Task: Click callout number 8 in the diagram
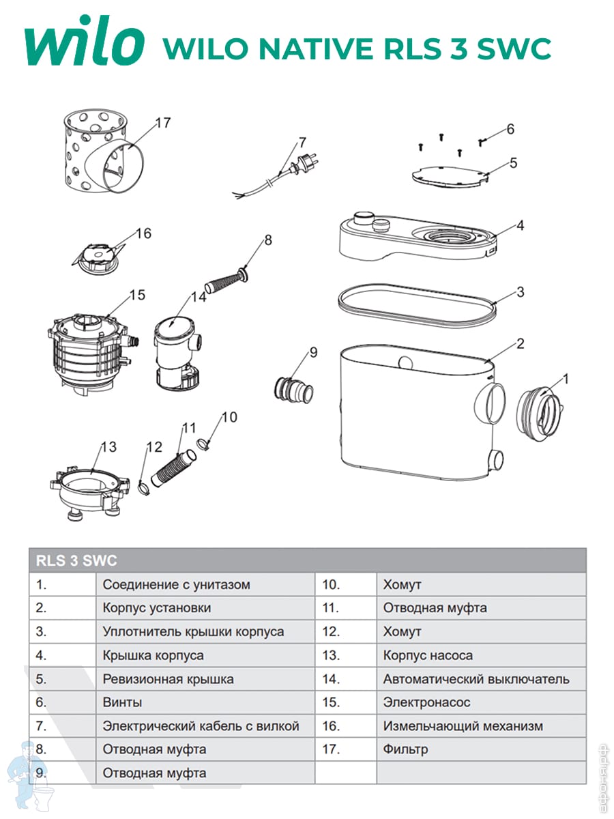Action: click(x=267, y=240)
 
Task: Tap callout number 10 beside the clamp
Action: click(x=230, y=416)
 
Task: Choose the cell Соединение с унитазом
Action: click(x=176, y=585)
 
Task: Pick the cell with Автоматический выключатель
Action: click(x=476, y=679)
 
